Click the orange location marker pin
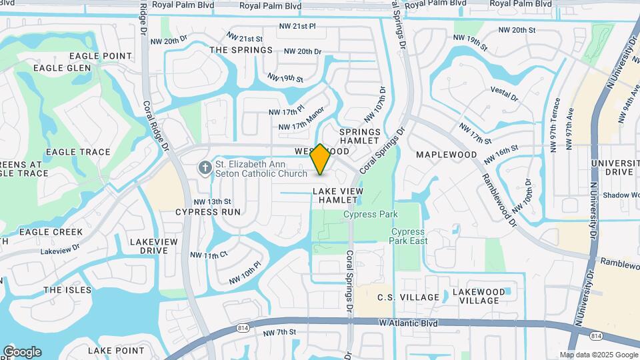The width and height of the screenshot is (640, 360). pos(321,159)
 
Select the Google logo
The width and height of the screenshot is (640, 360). pos(22,352)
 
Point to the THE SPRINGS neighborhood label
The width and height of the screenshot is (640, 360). pos(241,50)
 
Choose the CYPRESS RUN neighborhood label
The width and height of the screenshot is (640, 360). pos(208,212)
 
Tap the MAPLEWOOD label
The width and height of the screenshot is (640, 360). pos(447,155)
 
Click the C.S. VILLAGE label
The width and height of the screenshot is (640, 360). pos(409,297)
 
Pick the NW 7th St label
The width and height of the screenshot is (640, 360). pos(279,332)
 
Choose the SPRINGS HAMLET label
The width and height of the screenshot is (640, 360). pos(360,137)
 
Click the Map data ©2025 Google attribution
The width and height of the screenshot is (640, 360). pos(597,355)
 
